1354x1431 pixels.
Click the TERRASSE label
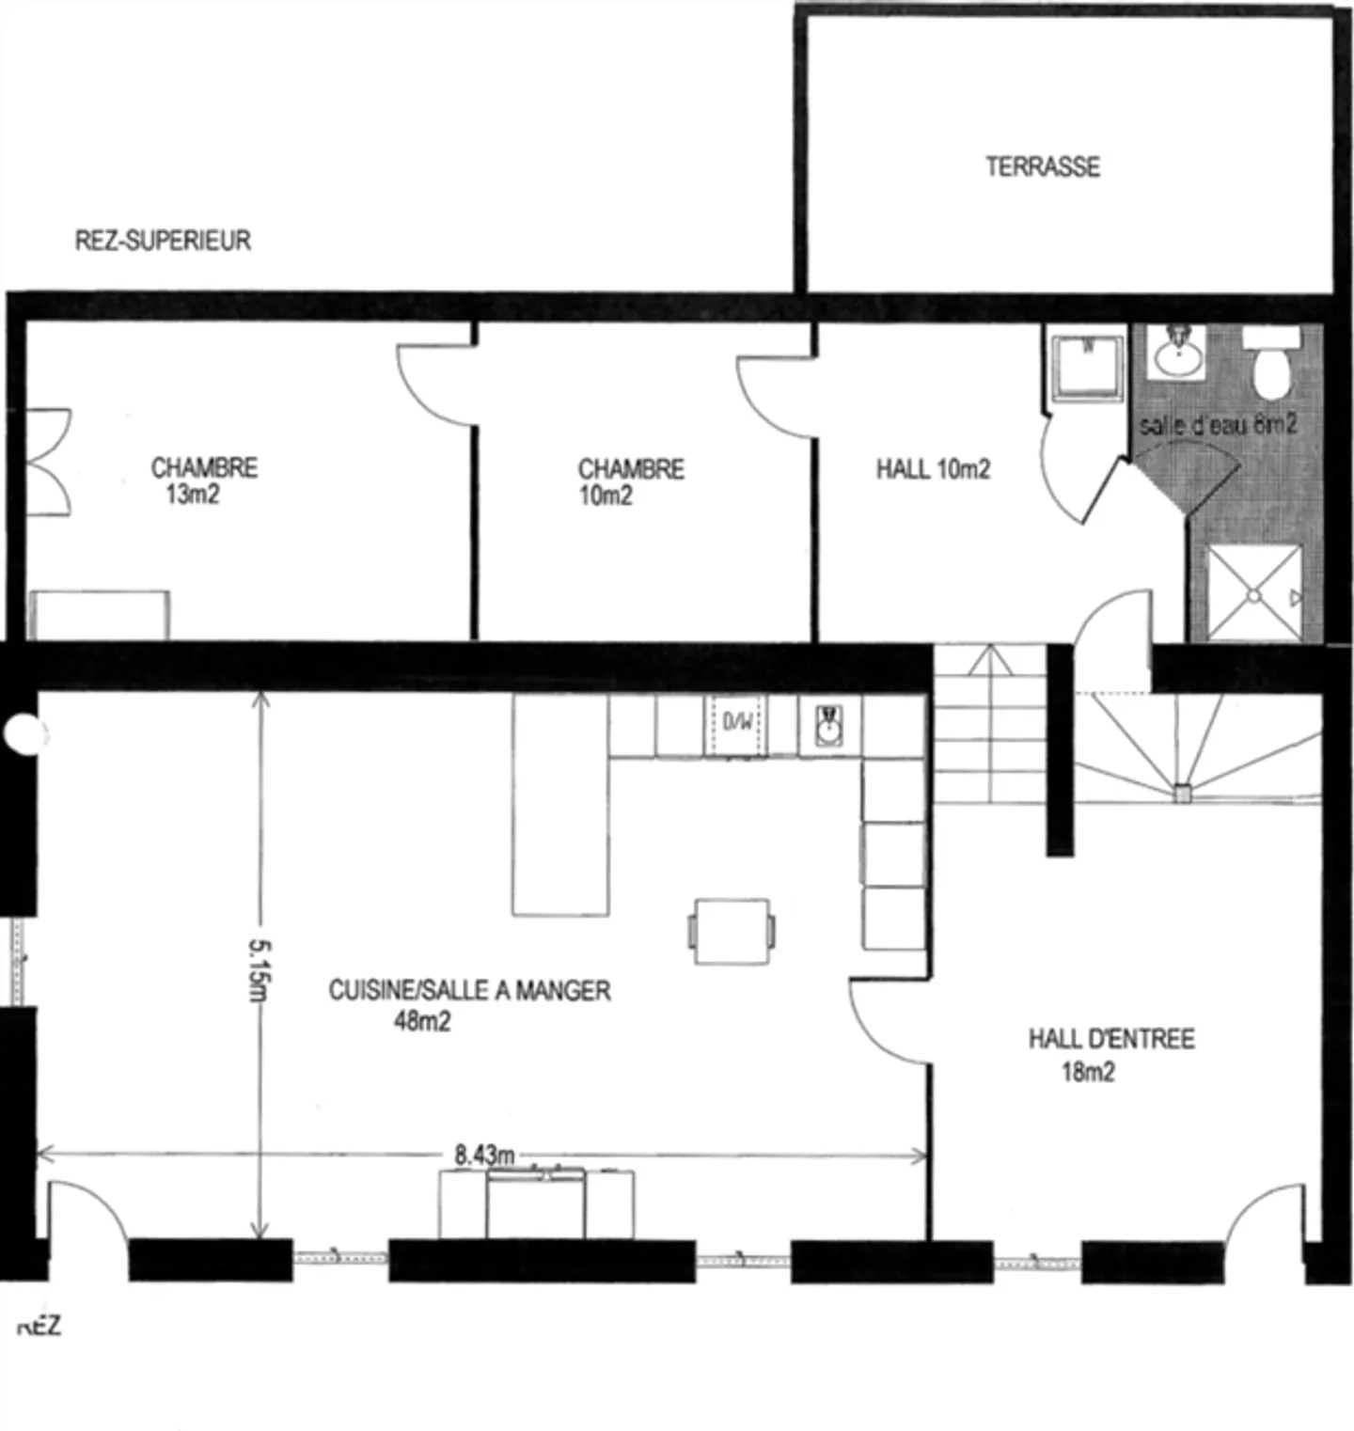pyautogui.click(x=1042, y=167)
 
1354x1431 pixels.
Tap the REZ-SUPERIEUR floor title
pyautogui.click(x=163, y=241)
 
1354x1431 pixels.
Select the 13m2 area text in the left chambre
pyautogui.click(x=193, y=495)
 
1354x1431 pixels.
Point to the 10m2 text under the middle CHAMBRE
pyautogui.click(x=606, y=495)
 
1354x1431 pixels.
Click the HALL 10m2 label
pyautogui.click(x=933, y=469)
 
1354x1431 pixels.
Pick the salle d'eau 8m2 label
pyautogui.click(x=1218, y=425)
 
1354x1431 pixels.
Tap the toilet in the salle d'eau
pyautogui.click(x=1270, y=367)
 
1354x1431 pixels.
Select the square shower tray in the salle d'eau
pyautogui.click(x=1254, y=593)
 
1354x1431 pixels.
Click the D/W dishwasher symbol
pyautogui.click(x=736, y=723)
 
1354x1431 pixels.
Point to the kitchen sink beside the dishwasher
pyautogui.click(x=828, y=726)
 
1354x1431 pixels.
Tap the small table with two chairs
pyautogui.click(x=732, y=931)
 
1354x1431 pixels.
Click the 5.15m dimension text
pyautogui.click(x=260, y=970)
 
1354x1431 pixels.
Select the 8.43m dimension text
pyautogui.click(x=484, y=1155)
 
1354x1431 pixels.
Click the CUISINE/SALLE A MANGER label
pyautogui.click(x=469, y=990)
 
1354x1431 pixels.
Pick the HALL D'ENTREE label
pyautogui.click(x=1110, y=1039)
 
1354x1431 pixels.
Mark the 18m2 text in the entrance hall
pyautogui.click(x=1088, y=1072)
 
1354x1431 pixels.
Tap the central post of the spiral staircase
pyautogui.click(x=1182, y=794)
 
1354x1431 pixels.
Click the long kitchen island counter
pyautogui.click(x=559, y=804)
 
